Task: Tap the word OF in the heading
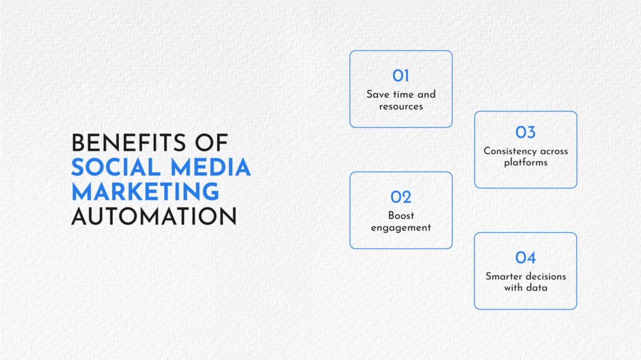coord(212,143)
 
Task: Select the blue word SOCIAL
coord(116,167)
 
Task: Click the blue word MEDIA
coord(210,167)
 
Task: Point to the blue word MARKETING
coord(145,192)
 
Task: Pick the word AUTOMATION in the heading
coord(154,216)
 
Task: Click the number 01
coord(401,76)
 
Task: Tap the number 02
coord(401,197)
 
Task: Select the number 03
coord(525,132)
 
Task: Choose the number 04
coord(525,258)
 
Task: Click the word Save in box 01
coord(377,95)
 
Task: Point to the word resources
coord(401,106)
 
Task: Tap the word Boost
coord(401,215)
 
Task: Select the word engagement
coord(401,228)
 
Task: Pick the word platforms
coord(526,162)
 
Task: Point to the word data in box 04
coord(537,287)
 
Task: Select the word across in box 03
coord(555,152)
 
